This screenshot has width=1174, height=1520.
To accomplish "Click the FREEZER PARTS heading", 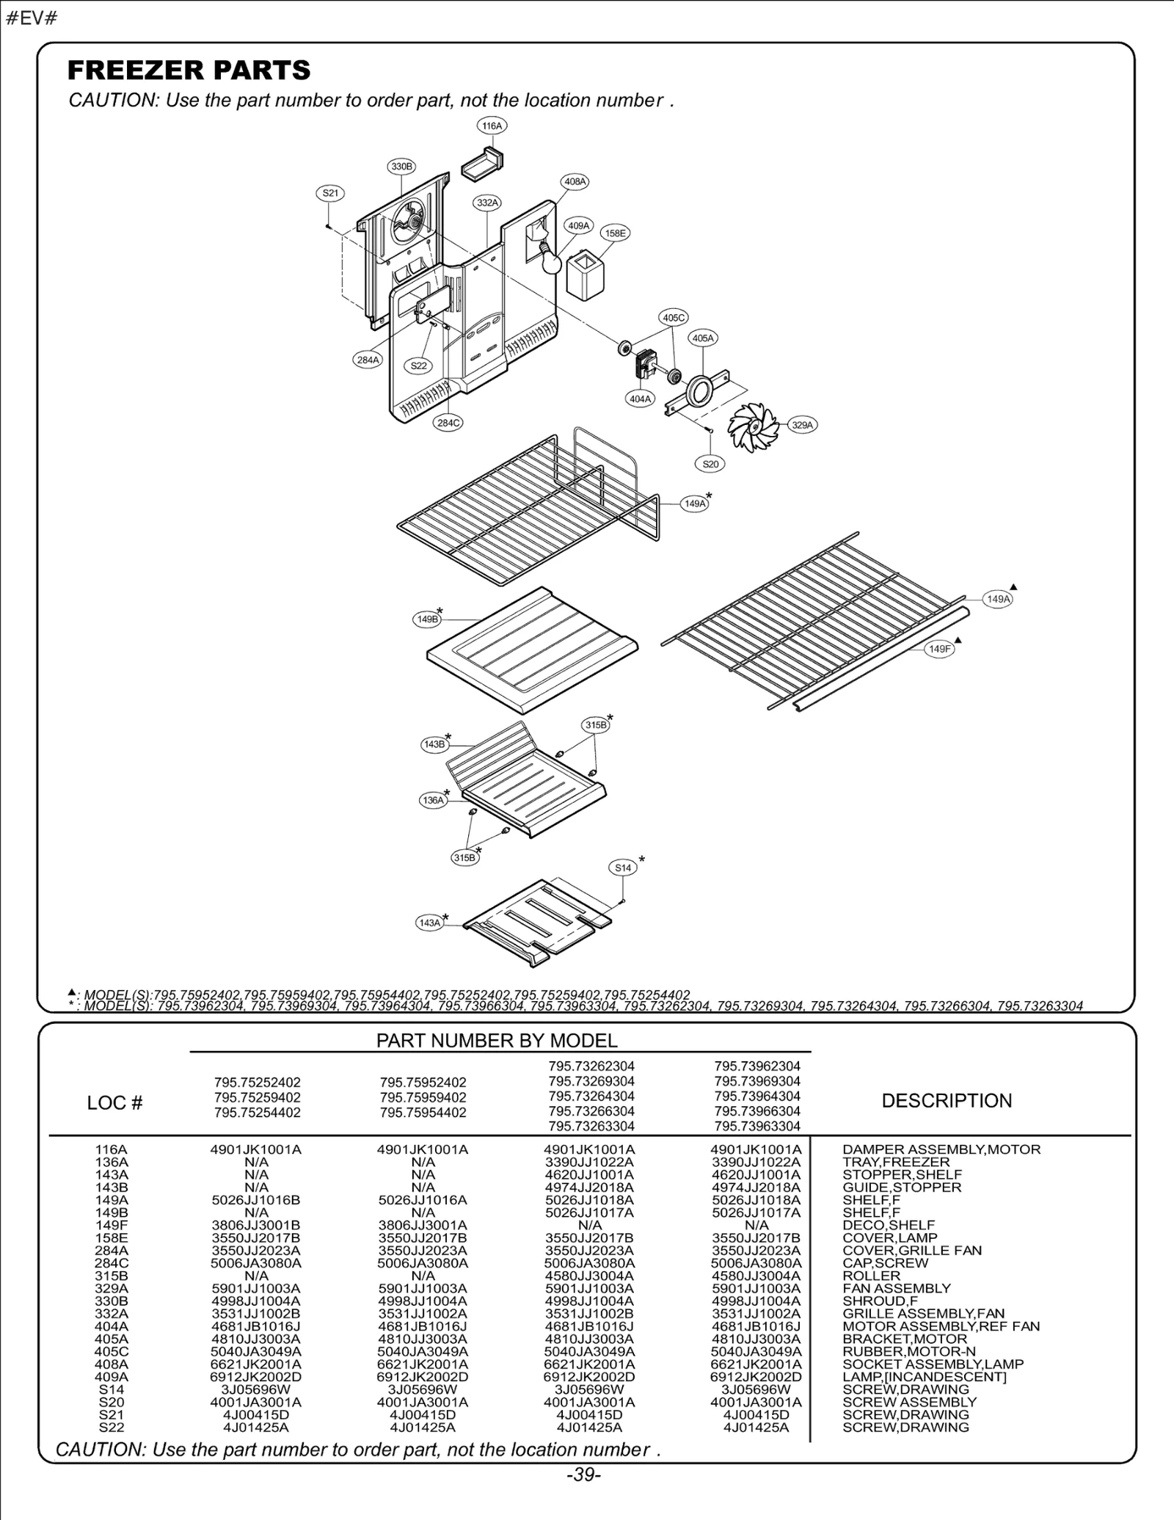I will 189,70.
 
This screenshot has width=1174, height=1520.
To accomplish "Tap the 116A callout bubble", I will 492,126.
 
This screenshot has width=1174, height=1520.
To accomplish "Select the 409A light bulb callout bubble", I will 579,226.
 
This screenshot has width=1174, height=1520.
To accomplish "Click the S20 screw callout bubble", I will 710,464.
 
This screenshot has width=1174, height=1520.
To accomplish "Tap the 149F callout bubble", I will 940,649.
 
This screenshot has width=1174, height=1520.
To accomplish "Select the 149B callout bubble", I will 428,619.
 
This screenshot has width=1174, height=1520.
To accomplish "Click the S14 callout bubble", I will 623,868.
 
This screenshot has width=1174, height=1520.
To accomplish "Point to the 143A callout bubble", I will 429,923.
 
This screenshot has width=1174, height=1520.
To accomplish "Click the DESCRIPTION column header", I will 947,1101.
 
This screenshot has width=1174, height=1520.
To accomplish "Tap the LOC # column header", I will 114,1103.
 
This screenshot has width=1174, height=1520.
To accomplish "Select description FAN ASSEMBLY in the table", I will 896,1288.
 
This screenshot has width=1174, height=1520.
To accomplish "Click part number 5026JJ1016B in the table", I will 255,1200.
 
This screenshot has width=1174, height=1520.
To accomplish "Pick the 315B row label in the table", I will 111,1276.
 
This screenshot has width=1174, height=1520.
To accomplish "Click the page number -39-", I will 584,1474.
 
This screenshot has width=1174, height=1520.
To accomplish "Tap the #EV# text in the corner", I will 32,18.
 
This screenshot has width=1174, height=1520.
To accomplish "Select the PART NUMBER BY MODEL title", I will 497,1040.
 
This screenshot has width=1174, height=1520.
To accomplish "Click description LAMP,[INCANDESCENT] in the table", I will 924,1376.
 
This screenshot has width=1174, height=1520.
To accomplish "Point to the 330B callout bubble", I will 401,167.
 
